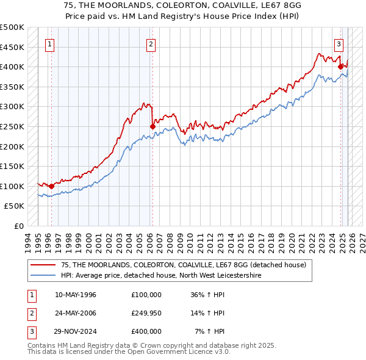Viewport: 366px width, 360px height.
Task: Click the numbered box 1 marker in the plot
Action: (49, 43)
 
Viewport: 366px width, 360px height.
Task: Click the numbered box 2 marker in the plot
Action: (151, 43)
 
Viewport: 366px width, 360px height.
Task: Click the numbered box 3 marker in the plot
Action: (339, 43)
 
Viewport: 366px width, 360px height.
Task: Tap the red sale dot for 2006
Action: (152, 126)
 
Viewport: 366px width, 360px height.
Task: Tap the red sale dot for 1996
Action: (51, 186)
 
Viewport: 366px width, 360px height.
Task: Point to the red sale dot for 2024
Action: (340, 67)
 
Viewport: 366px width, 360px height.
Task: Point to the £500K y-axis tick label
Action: (12, 27)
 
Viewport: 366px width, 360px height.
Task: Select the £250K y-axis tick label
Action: (12, 126)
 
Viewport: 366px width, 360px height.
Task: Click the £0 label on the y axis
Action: (19, 226)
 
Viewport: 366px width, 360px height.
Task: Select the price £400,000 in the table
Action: (146, 331)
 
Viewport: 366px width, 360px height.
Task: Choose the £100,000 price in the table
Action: (146, 295)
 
